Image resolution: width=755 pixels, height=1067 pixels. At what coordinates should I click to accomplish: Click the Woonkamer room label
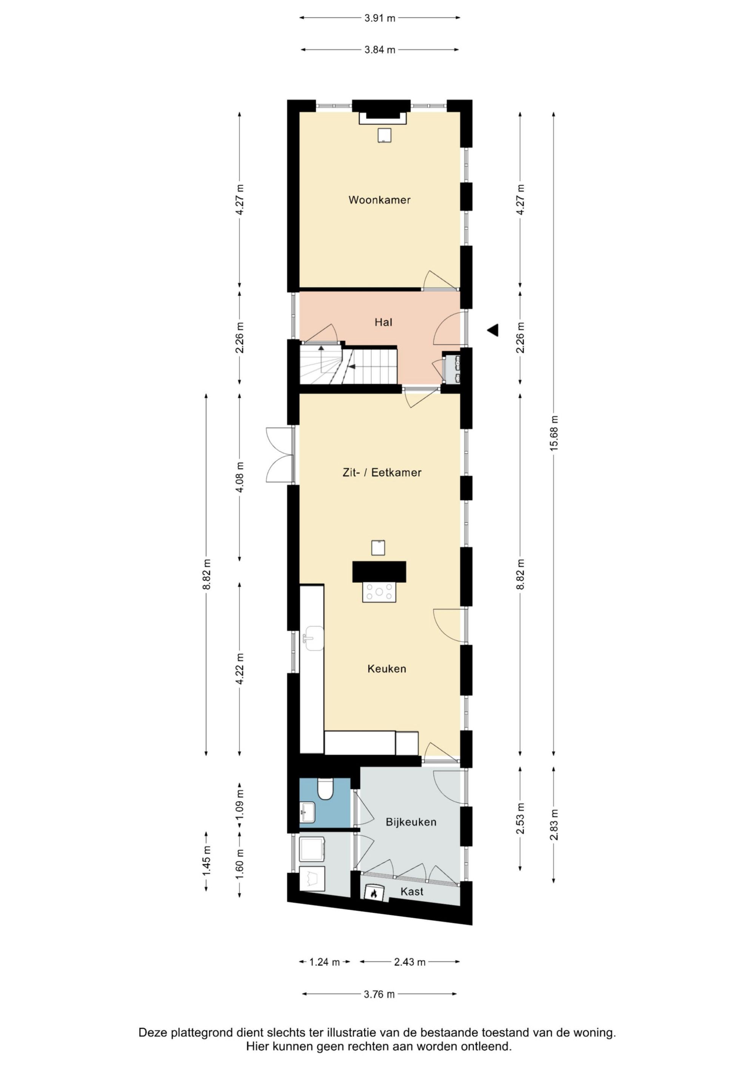(x=380, y=200)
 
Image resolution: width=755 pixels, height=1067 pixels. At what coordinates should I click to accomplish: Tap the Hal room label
(x=383, y=322)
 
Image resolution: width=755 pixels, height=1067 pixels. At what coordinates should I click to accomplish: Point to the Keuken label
(x=387, y=669)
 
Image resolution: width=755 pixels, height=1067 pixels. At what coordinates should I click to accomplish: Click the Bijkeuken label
(x=411, y=822)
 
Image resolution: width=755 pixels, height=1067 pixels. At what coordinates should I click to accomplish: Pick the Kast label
(x=412, y=891)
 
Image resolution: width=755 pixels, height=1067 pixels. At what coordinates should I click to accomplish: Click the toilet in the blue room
(x=325, y=789)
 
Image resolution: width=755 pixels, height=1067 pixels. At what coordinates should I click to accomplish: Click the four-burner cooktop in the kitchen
(x=379, y=592)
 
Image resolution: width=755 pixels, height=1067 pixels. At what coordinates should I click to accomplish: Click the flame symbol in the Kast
(x=374, y=892)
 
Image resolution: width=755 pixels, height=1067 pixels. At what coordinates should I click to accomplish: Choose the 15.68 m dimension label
(x=553, y=433)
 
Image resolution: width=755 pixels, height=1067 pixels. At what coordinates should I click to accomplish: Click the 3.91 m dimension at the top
(x=380, y=18)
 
